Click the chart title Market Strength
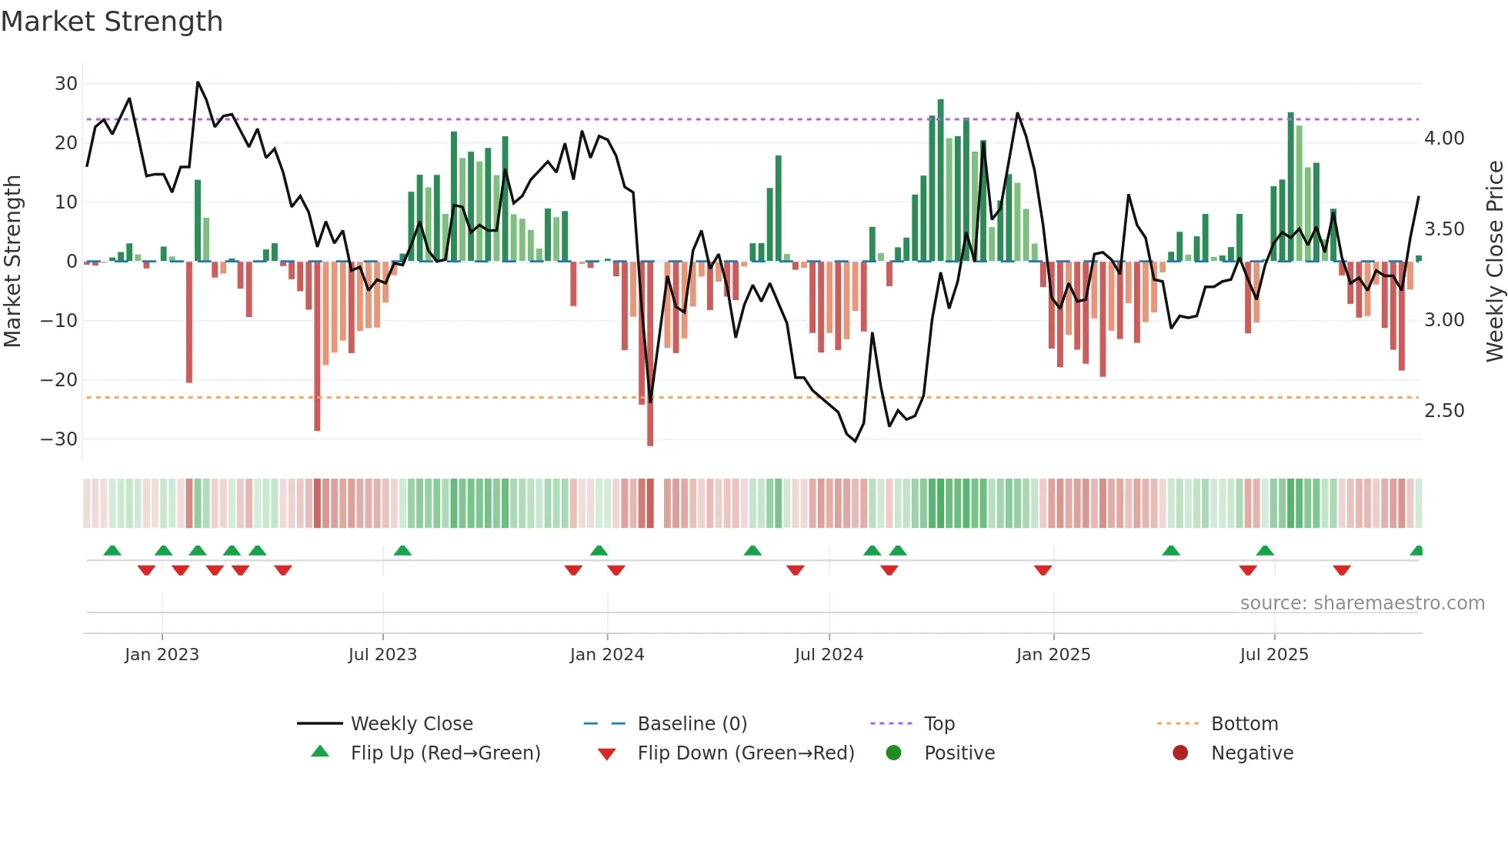click(x=112, y=22)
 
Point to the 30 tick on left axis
click(x=66, y=83)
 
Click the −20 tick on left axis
click(x=59, y=379)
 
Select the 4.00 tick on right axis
click(x=1444, y=139)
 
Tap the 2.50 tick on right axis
click(x=1444, y=411)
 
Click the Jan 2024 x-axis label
click(x=607, y=655)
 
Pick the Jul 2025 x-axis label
click(x=1274, y=655)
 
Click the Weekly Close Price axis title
click(x=1494, y=262)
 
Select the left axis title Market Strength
click(x=13, y=262)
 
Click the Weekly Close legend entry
click(x=412, y=724)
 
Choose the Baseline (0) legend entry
click(x=692, y=724)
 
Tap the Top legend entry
click(x=939, y=724)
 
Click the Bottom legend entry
click(x=1244, y=724)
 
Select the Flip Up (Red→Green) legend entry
click(x=445, y=753)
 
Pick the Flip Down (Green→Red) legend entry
click(x=746, y=753)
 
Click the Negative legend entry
click(x=1252, y=753)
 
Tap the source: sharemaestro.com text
click(x=1362, y=603)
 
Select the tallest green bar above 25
click(x=940, y=181)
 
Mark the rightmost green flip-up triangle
click(x=1416, y=551)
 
